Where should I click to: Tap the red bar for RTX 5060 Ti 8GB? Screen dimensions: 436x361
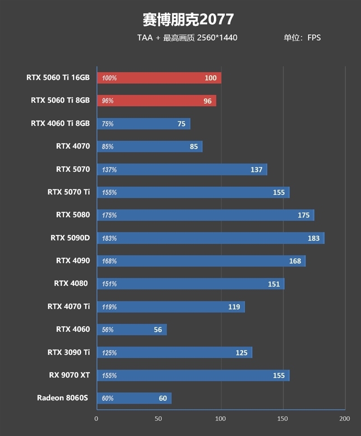click(x=156, y=101)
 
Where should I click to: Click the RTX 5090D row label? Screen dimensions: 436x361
click(x=70, y=237)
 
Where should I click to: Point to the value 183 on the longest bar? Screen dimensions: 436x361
click(x=313, y=238)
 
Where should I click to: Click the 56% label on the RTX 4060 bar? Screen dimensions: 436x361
click(x=108, y=330)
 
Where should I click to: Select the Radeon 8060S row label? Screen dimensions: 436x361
click(x=63, y=398)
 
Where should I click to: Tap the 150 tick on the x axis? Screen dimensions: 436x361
click(x=282, y=419)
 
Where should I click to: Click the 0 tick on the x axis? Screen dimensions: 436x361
click(x=97, y=419)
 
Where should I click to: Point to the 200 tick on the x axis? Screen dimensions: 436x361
click(x=344, y=419)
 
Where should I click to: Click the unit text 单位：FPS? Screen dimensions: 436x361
click(x=302, y=38)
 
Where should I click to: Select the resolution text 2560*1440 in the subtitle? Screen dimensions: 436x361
click(x=217, y=38)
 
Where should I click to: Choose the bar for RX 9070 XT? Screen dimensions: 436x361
click(x=193, y=376)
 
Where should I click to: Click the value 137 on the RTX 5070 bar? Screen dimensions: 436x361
click(x=256, y=170)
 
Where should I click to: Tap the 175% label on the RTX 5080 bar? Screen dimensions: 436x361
click(x=109, y=215)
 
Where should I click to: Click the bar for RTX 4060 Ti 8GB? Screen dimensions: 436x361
click(x=143, y=124)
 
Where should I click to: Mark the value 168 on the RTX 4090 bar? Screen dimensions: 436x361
click(x=295, y=261)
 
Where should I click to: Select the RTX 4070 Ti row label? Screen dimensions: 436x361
click(x=69, y=306)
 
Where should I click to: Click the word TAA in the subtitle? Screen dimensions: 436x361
click(x=145, y=38)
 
